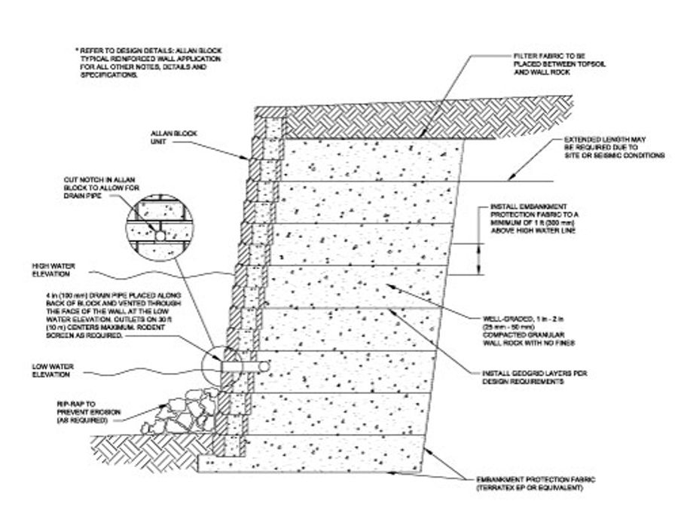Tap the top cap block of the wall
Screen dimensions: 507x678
[x=267, y=111]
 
